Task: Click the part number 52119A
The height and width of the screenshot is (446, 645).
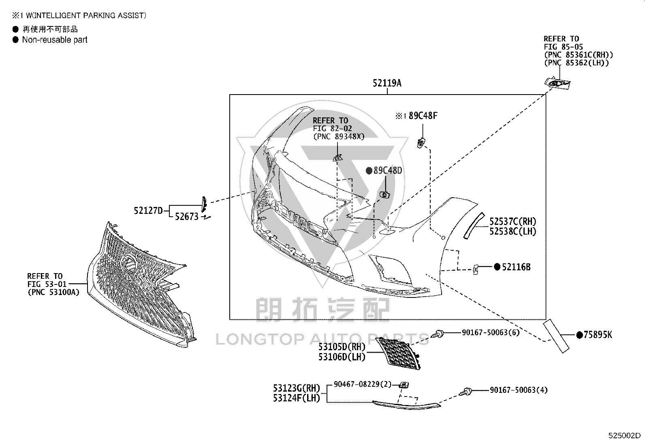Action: [x=387, y=83]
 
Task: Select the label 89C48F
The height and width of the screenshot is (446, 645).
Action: [x=423, y=116]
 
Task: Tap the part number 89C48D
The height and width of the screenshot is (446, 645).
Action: [x=388, y=170]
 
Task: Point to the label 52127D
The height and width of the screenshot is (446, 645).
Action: [x=148, y=211]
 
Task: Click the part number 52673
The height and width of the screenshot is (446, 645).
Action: [x=187, y=217]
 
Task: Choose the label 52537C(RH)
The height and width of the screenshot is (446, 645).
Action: [x=513, y=222]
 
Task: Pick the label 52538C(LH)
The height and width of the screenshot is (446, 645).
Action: [x=513, y=231]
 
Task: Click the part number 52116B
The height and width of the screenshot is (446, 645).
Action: [x=516, y=267]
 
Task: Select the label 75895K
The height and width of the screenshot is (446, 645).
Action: [x=598, y=335]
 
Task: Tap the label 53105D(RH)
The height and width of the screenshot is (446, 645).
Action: [x=342, y=347]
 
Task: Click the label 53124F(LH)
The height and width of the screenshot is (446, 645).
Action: [x=297, y=398]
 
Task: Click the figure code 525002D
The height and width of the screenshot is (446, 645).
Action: [x=624, y=435]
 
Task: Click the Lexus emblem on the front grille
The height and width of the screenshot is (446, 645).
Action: [x=128, y=263]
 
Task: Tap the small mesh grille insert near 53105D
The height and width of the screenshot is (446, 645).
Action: [x=399, y=354]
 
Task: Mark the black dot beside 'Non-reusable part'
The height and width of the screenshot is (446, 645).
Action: [x=15, y=39]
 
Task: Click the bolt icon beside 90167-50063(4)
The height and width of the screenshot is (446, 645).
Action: [x=466, y=392]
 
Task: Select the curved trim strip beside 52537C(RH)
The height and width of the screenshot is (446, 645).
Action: [x=474, y=226]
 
